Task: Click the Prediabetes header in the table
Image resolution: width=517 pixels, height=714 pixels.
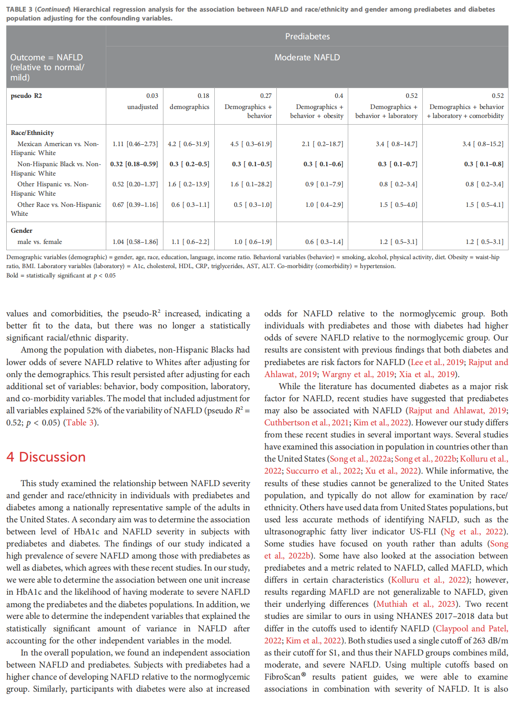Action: [x=307, y=37]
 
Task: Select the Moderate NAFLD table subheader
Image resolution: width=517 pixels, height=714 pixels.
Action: [x=307, y=58]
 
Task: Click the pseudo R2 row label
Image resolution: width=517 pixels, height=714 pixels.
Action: [x=26, y=96]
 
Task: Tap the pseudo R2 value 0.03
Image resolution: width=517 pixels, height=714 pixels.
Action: [x=152, y=96]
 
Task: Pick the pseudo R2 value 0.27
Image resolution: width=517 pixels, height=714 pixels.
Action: [x=266, y=96]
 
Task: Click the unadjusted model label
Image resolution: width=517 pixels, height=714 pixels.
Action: [x=142, y=107]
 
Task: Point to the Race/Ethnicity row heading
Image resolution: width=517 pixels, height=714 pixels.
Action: [x=32, y=133]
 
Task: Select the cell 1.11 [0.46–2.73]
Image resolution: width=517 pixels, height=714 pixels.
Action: [x=135, y=144]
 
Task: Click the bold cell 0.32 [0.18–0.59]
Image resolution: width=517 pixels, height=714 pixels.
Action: [x=134, y=164]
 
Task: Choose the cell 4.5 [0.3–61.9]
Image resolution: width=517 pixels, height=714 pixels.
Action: [x=251, y=144]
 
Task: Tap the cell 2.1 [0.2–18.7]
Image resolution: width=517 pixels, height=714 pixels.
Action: [x=322, y=144]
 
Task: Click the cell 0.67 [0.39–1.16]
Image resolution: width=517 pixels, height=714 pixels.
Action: [x=135, y=205]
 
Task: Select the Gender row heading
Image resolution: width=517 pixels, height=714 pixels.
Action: [x=21, y=231]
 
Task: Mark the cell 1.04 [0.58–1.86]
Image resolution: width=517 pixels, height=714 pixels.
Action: [x=135, y=242]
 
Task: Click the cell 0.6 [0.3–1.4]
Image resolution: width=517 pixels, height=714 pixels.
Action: [x=324, y=242]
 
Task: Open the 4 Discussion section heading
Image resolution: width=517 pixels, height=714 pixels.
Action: [x=46, y=457]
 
